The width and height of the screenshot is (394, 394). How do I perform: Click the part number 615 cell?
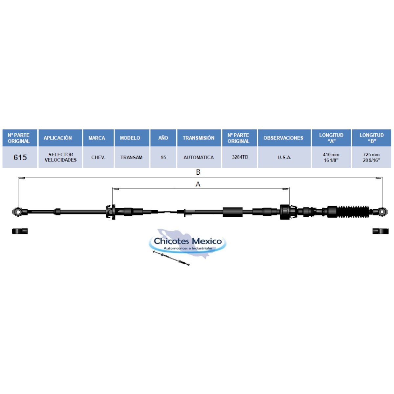tap(20, 157)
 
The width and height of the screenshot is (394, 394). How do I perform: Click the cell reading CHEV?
tap(98, 157)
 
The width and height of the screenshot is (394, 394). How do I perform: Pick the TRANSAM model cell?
tap(132, 157)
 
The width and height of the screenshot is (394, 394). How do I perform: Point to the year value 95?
tap(163, 157)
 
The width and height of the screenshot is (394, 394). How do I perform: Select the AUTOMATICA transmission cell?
tap(199, 157)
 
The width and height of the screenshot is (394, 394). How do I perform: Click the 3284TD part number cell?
tap(239, 157)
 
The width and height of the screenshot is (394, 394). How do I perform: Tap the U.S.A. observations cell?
tap(284, 157)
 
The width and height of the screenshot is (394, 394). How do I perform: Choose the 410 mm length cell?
tap(331, 157)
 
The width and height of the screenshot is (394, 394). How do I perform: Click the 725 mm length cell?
tap(371, 157)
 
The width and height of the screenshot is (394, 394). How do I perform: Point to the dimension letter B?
tap(198, 172)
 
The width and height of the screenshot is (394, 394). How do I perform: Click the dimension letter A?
tap(198, 184)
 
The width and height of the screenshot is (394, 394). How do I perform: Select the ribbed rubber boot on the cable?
tap(354, 212)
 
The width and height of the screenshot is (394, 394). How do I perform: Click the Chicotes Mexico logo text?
tap(188, 241)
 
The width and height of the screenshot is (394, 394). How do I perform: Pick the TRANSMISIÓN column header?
tap(199, 138)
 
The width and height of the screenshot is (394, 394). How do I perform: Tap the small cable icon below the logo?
tap(171, 258)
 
